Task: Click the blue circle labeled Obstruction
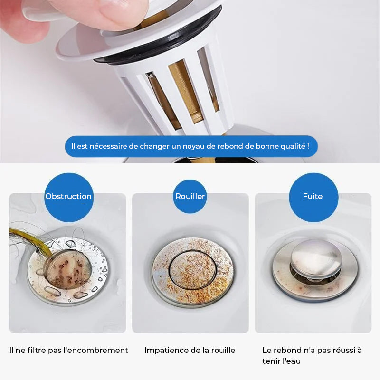[x=69, y=197]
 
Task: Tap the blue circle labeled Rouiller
[x=190, y=197]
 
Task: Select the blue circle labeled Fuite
[x=313, y=197]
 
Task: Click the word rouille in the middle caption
[x=223, y=351]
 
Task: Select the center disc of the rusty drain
[x=193, y=270]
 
